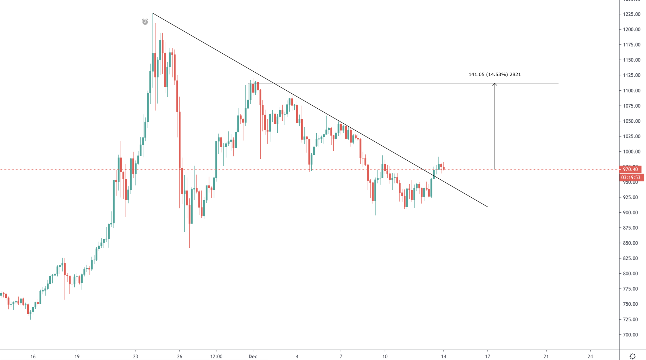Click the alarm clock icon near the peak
145,22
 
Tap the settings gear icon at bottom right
633,356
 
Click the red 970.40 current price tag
630,169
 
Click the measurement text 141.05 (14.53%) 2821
494,74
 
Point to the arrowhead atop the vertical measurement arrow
495,84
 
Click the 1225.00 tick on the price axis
632,14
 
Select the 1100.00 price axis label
632,91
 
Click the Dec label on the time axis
253,356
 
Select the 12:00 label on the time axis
216,356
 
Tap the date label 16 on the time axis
33,356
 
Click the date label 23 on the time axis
136,356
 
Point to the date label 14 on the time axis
443,356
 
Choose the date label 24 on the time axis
590,356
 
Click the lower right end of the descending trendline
488,207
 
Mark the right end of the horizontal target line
558,83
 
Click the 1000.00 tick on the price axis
632,152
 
